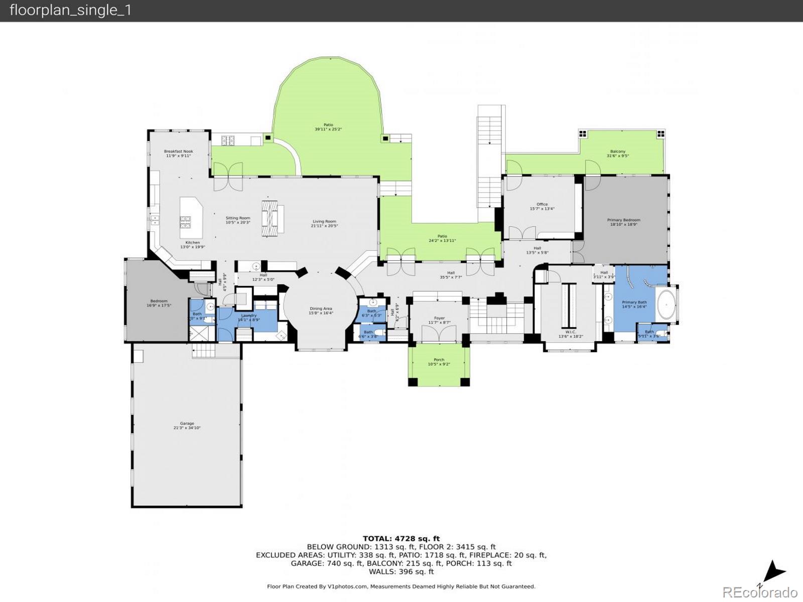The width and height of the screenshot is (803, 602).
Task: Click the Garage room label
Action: pos(187,423)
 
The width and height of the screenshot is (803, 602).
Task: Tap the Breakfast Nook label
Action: pos(178,152)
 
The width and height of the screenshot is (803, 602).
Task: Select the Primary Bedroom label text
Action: pos(623,220)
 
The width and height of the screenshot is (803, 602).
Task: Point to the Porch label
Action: pos(439,360)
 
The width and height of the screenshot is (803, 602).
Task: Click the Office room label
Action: pos(542,204)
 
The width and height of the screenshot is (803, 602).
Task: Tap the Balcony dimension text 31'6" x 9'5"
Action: pos(618,156)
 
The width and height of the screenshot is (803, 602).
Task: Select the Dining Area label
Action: pos(321,309)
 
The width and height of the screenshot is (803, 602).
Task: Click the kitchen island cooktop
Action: pos(185,219)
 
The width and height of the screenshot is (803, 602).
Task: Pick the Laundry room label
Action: pos(248,316)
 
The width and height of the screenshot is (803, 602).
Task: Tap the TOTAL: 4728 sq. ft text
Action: pos(401,539)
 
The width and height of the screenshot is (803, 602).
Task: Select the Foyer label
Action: pos(439,318)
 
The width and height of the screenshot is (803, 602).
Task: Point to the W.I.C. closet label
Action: pos(571,332)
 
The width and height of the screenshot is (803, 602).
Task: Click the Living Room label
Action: pos(324,221)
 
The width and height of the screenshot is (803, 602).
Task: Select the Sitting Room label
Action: pos(238,218)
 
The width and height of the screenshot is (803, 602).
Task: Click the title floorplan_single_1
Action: pos(70,11)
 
